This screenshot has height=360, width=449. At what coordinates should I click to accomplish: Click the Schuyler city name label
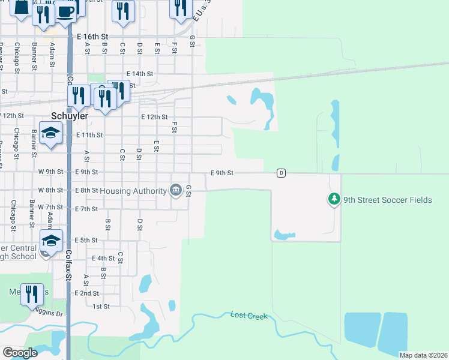(x=70, y=116)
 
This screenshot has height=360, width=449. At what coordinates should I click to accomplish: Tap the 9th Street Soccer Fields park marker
(x=334, y=199)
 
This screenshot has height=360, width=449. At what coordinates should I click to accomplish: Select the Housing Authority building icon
(x=176, y=190)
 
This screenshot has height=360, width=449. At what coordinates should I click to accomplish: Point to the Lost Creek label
(x=249, y=315)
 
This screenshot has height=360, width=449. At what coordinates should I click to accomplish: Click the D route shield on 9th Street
(x=281, y=173)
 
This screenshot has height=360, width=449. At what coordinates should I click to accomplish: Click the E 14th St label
(x=140, y=74)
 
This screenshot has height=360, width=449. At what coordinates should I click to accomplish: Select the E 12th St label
(x=154, y=117)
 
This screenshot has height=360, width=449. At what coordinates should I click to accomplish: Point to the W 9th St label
(x=50, y=172)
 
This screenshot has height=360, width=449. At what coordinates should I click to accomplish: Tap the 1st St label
(x=101, y=306)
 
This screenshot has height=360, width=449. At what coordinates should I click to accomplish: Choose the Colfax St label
(x=68, y=264)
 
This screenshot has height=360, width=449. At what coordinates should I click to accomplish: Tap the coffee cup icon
(x=65, y=10)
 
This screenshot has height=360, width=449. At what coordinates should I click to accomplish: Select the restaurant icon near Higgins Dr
(x=32, y=293)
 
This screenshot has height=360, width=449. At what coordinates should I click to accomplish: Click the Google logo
(x=20, y=352)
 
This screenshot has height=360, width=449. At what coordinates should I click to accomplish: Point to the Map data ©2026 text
(x=423, y=355)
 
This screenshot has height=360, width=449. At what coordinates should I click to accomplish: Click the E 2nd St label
(x=86, y=293)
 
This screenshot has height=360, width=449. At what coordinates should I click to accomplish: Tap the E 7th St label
(x=86, y=208)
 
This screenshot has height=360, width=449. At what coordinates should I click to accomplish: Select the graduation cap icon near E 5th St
(x=51, y=241)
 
